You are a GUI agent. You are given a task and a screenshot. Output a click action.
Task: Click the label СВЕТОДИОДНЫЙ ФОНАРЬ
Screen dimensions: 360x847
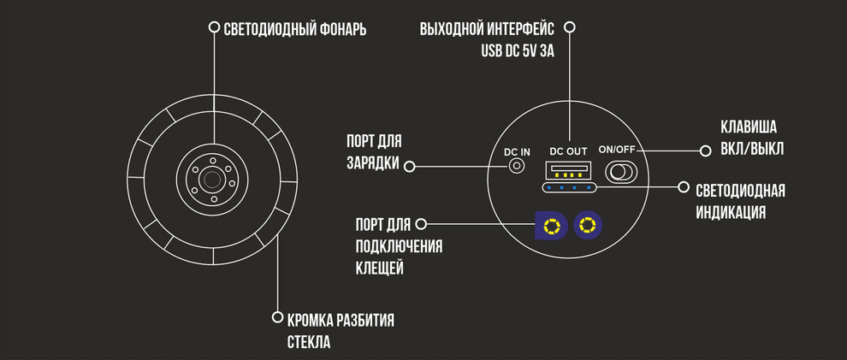pyautogui.click(x=294, y=29)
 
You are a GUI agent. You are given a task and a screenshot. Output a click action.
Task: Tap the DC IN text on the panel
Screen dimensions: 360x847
pyautogui.click(x=517, y=151)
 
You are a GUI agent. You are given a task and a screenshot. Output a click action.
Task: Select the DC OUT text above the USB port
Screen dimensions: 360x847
pyautogui.click(x=568, y=149)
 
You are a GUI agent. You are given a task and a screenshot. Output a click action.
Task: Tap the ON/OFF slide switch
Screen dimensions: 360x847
pyautogui.click(x=621, y=172)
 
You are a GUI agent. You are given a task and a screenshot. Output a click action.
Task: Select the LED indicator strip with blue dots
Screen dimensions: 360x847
pyautogui.click(x=569, y=187)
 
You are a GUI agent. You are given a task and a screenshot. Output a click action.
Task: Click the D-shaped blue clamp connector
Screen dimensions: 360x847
pyautogui.click(x=549, y=227)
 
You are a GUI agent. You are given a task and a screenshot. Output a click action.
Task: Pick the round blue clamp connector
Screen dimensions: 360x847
pyautogui.click(x=587, y=227)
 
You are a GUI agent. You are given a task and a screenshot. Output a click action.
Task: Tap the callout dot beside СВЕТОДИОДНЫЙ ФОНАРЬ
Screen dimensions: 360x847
pyautogui.click(x=215, y=27)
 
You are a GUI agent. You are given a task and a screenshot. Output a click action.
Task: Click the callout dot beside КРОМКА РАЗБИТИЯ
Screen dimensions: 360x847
pyautogui.click(x=276, y=317)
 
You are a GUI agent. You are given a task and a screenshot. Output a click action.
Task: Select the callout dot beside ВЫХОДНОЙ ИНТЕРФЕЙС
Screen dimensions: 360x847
pyautogui.click(x=570, y=27)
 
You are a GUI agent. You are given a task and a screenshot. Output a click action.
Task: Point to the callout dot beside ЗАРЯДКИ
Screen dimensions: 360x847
pyautogui.click(x=409, y=165)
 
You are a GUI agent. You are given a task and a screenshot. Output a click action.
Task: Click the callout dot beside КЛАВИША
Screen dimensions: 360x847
pyautogui.click(x=705, y=151)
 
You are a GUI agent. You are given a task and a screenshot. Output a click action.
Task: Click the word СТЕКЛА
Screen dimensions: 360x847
pyautogui.click(x=308, y=343)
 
